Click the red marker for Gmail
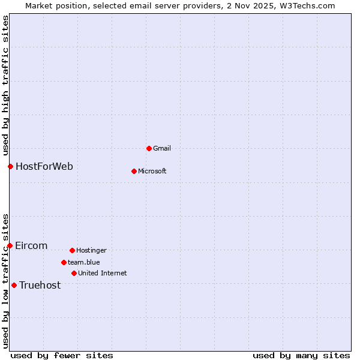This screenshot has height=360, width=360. (x=149, y=148)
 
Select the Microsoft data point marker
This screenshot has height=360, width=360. (x=134, y=171)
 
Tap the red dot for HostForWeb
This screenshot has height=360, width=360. (x=10, y=166)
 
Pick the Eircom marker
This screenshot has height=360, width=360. (x=10, y=245)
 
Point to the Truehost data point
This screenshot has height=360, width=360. (x=14, y=285)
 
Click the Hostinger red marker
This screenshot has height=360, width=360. (x=72, y=250)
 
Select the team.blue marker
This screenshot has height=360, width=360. (x=64, y=262)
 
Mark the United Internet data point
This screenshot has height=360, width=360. (x=74, y=273)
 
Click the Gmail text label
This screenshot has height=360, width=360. (x=162, y=148)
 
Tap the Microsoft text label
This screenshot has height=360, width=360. (x=152, y=171)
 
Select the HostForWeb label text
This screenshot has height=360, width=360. (x=44, y=166)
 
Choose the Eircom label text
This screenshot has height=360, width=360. (x=31, y=245)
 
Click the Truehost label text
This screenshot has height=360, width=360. (x=40, y=285)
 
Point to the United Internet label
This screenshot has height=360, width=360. (x=102, y=273)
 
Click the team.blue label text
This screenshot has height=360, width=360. (x=83, y=262)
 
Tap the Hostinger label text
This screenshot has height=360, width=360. (x=91, y=250)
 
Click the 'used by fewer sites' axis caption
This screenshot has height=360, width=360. (x=62, y=355)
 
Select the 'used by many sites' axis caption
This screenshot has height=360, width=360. (x=301, y=355)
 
